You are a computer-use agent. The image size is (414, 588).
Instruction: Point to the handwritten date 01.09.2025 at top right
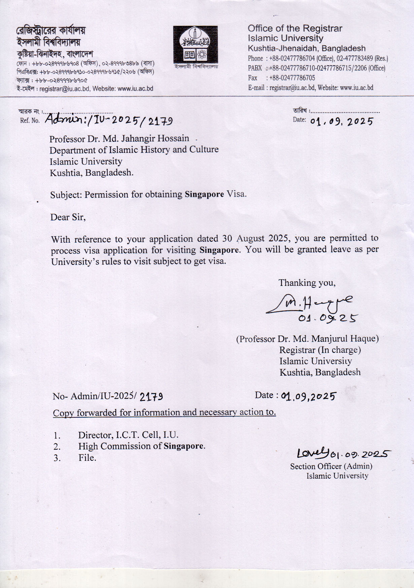click(x=341, y=121)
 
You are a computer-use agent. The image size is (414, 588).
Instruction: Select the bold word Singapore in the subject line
click(x=204, y=194)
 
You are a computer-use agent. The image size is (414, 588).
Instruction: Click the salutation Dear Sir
click(x=68, y=217)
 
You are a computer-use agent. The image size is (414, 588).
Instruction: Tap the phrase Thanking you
click(x=307, y=283)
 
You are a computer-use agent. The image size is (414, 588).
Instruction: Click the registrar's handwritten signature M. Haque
click(x=310, y=303)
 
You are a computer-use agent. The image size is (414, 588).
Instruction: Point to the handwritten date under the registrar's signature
click(x=328, y=318)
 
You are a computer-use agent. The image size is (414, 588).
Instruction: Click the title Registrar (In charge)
click(x=320, y=350)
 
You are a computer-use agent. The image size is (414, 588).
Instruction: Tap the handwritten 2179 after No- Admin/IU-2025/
click(x=151, y=397)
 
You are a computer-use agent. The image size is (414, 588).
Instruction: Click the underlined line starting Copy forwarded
click(x=164, y=412)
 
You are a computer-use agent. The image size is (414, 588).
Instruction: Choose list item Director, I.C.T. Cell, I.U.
click(x=128, y=435)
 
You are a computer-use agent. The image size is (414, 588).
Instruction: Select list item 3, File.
click(x=87, y=458)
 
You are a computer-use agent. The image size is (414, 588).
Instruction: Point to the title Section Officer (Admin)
click(x=331, y=466)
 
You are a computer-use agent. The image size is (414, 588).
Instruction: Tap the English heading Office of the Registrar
click(x=295, y=29)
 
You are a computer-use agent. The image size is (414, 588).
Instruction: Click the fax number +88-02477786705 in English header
click(x=292, y=78)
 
